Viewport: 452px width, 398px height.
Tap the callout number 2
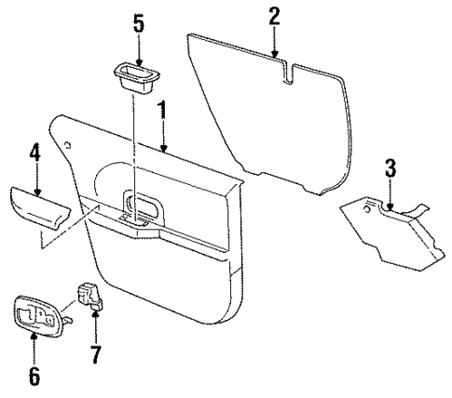274,17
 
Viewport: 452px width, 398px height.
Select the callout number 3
390,168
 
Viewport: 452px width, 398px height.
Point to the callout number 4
34,151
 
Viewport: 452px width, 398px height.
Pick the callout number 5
138,22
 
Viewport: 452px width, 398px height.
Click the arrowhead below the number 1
162,149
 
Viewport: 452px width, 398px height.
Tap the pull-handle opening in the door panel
142,206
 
